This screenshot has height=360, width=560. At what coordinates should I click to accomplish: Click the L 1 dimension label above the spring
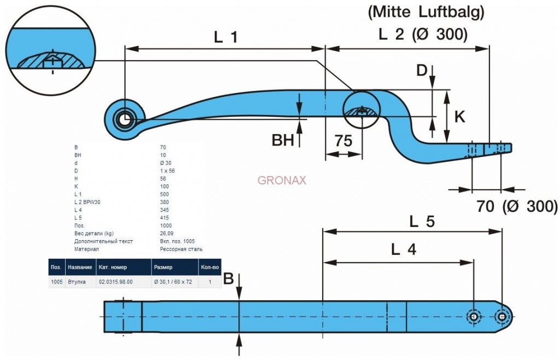click(226, 37)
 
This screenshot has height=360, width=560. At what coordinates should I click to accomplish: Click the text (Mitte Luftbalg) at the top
click(427, 11)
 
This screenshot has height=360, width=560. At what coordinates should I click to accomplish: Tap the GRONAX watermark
click(282, 180)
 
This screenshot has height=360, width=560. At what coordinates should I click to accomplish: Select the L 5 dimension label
click(422, 222)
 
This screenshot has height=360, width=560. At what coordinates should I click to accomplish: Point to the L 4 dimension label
click(404, 250)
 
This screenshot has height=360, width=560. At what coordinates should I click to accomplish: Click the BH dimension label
click(283, 141)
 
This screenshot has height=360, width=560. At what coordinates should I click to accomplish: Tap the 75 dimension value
click(343, 141)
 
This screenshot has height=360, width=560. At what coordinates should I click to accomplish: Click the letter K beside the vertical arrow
click(460, 117)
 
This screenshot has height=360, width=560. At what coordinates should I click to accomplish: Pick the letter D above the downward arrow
click(422, 71)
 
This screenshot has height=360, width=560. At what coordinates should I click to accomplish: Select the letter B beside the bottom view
click(229, 280)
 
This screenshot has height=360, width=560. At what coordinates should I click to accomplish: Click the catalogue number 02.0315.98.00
click(116, 282)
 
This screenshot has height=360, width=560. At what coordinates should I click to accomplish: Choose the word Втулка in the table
click(77, 282)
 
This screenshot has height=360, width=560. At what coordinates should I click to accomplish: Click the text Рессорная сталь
click(181, 249)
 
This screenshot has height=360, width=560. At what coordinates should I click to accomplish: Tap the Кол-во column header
click(210, 267)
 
